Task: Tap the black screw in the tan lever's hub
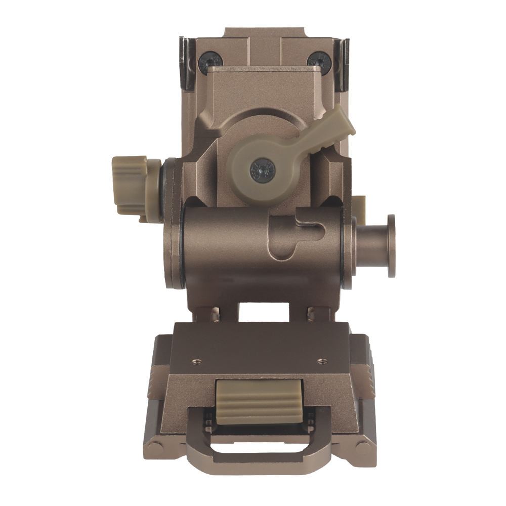tap(263, 168)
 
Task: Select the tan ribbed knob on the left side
tap(130, 186)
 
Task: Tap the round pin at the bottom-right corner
tap(362, 448)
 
